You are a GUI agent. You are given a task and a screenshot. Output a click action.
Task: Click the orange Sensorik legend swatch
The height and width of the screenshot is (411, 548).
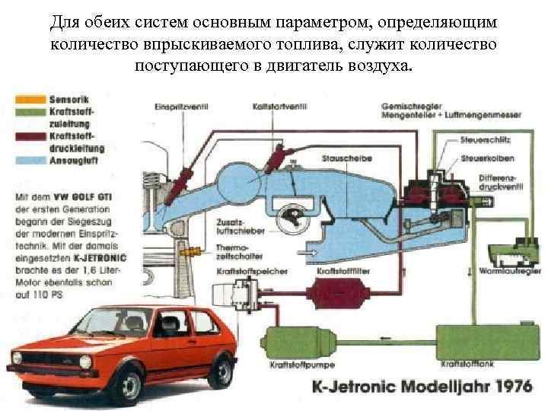(29, 98)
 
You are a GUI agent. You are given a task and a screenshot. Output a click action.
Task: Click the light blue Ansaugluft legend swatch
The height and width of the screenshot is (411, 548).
(29, 161)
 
